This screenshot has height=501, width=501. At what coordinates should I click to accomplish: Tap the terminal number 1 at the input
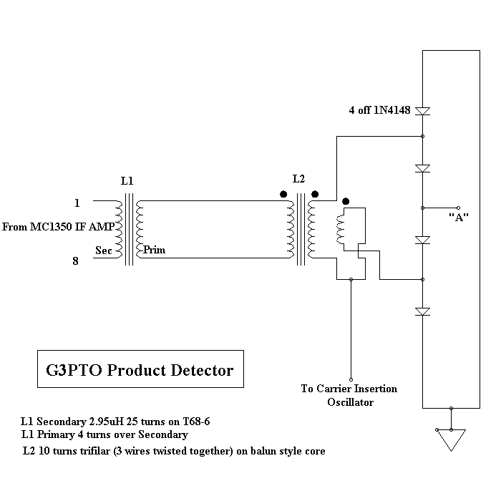point(77,202)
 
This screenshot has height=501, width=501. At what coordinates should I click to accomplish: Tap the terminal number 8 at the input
point(77,262)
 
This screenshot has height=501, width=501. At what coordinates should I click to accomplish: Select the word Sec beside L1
point(104,250)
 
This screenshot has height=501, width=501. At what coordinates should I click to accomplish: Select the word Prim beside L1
point(154,250)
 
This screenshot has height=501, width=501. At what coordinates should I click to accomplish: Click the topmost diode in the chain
point(423,112)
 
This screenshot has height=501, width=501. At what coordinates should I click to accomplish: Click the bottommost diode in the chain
point(423,311)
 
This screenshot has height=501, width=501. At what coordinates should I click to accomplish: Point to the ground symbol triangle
point(452,439)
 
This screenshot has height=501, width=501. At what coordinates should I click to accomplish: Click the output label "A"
point(458,218)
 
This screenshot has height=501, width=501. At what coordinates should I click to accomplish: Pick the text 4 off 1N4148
point(379,111)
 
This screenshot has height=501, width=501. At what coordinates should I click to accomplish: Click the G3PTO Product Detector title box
point(140,371)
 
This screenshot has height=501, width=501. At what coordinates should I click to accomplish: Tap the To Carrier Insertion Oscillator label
point(349,396)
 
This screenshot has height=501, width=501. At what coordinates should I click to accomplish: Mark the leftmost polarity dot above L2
point(283,193)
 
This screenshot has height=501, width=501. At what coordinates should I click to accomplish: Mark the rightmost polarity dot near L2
point(346,201)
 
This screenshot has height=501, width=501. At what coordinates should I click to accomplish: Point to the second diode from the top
point(423,168)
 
